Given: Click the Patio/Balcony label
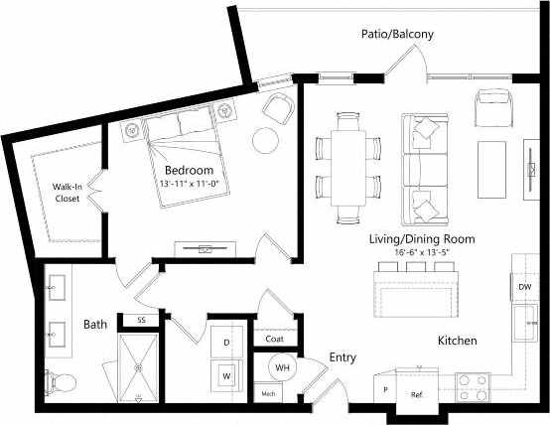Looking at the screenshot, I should pos(397,35).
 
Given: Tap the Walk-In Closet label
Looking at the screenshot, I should pos(68,192).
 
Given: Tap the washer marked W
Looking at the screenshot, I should pos(226,375).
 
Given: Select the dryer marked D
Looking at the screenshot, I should pos(226,343).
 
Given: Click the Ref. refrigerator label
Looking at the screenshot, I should pos(417,394).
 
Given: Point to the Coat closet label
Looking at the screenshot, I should pos(276,339).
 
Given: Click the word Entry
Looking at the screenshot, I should pos(343,357).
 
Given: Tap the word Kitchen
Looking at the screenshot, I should pos(457,342).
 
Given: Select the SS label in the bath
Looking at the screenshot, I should pos(141,320).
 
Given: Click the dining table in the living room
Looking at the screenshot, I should pos(348,165).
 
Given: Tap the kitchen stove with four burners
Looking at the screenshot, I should pos(473,385).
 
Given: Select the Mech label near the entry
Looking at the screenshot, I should pos(268,394).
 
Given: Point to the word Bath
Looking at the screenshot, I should pos(95,324).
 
